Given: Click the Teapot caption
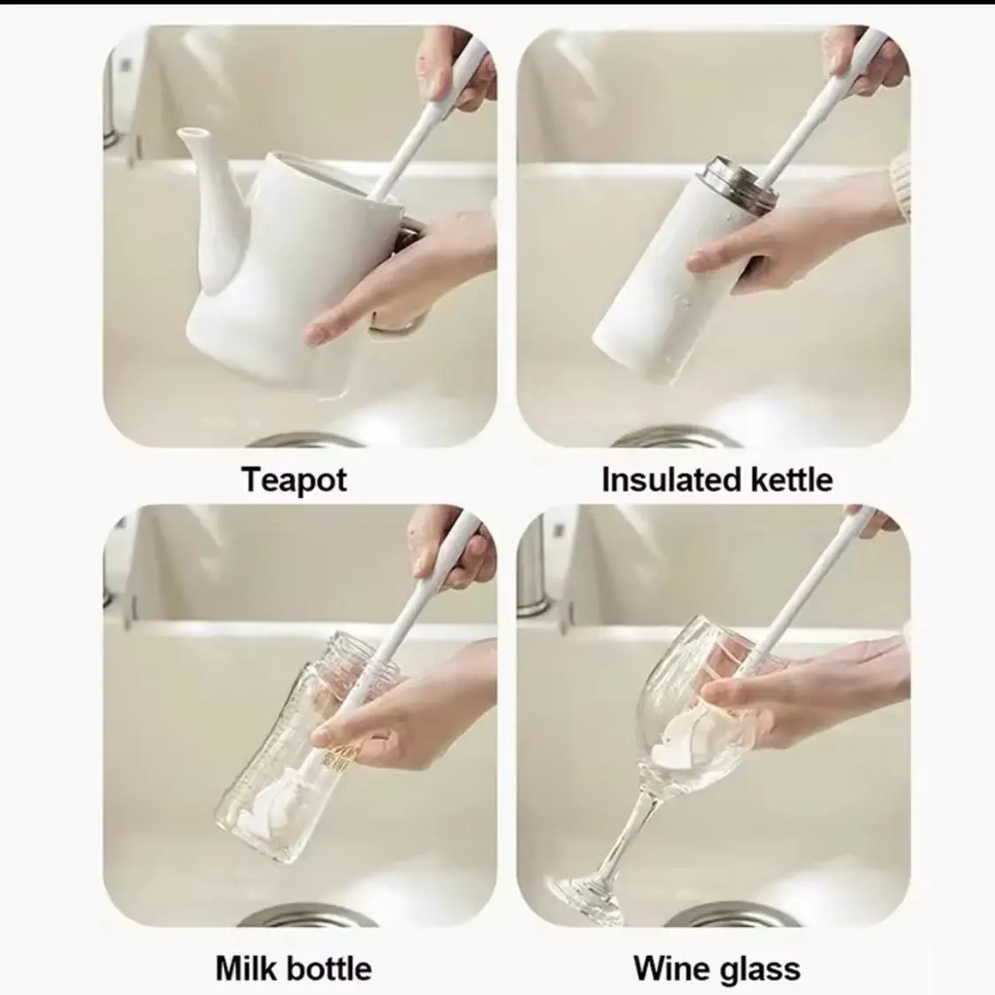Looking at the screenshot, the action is pos(294,479).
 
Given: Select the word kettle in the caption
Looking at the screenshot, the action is pos(792,479).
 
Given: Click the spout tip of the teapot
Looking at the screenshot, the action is pos(192,133).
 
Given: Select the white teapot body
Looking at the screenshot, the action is pos(273,266).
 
